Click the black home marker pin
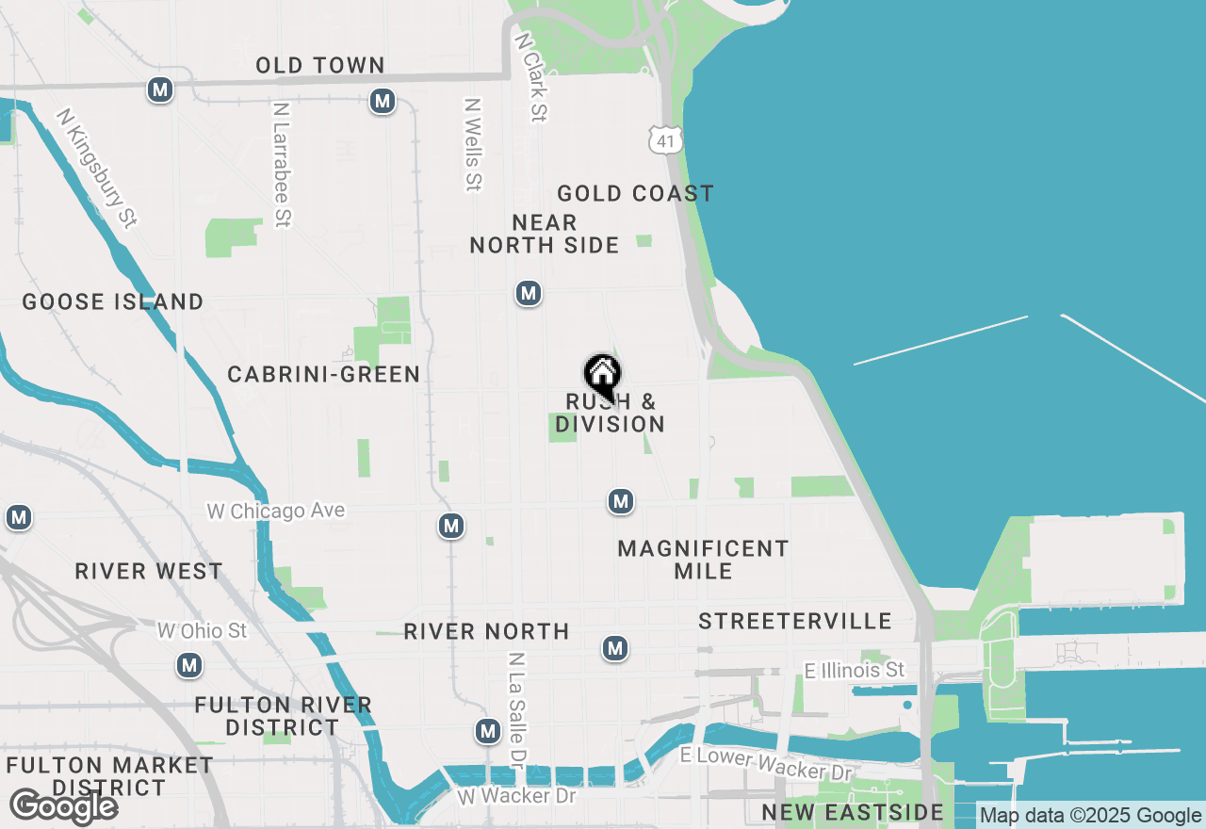(x=602, y=377)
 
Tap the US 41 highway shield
(x=664, y=139)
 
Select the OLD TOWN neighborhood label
(x=320, y=65)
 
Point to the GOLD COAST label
(x=635, y=194)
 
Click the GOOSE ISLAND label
(x=113, y=302)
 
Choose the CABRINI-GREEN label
(x=324, y=375)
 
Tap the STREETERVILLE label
(x=795, y=621)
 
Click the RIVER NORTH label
(x=486, y=631)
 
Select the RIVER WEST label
(x=149, y=572)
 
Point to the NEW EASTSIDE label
(x=853, y=813)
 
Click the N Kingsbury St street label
(x=97, y=168)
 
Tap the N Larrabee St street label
(x=281, y=164)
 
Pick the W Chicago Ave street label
(x=276, y=511)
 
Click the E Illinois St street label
(x=855, y=670)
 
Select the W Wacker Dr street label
(x=516, y=796)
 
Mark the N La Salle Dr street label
(x=517, y=707)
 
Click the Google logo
(x=64, y=806)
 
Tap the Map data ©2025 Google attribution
(x=1090, y=816)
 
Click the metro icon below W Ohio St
(x=189, y=666)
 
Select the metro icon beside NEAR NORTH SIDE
(x=529, y=294)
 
